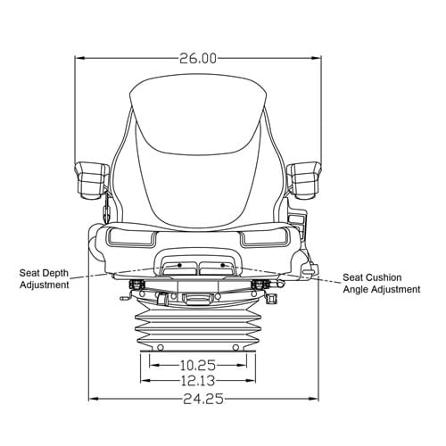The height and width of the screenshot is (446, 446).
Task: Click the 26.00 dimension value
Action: tap(198, 59)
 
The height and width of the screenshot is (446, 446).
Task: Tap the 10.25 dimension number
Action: tap(198, 365)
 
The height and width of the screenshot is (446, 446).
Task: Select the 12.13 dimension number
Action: tap(198, 381)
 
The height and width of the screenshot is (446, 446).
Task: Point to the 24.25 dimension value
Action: tap(203, 399)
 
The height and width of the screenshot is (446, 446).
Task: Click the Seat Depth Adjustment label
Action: tap(45, 279)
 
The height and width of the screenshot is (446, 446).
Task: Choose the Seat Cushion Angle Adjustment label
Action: tap(382, 284)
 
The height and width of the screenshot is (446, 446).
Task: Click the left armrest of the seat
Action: tap(92, 180)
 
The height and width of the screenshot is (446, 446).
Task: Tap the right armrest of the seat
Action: tap(303, 180)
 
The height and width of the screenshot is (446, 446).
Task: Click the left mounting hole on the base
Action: tap(161, 347)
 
